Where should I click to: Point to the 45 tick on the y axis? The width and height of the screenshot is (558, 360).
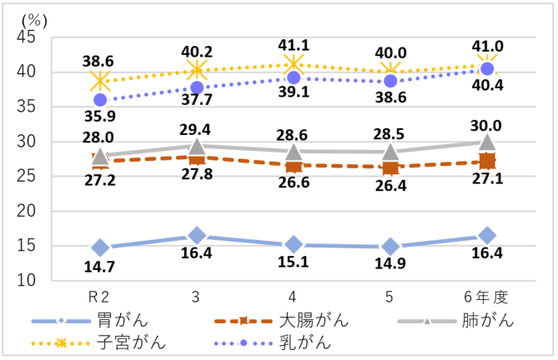click(25, 37)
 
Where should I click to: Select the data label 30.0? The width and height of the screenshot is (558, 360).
click(487, 126)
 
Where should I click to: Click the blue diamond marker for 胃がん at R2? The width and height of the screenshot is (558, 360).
click(101, 247)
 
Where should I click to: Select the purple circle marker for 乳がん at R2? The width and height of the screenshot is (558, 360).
click(101, 100)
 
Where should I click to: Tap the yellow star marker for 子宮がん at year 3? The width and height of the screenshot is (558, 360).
click(197, 69)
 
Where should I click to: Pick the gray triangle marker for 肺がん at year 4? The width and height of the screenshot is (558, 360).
click(294, 152)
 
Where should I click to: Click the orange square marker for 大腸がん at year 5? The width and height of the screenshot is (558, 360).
click(390, 167)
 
